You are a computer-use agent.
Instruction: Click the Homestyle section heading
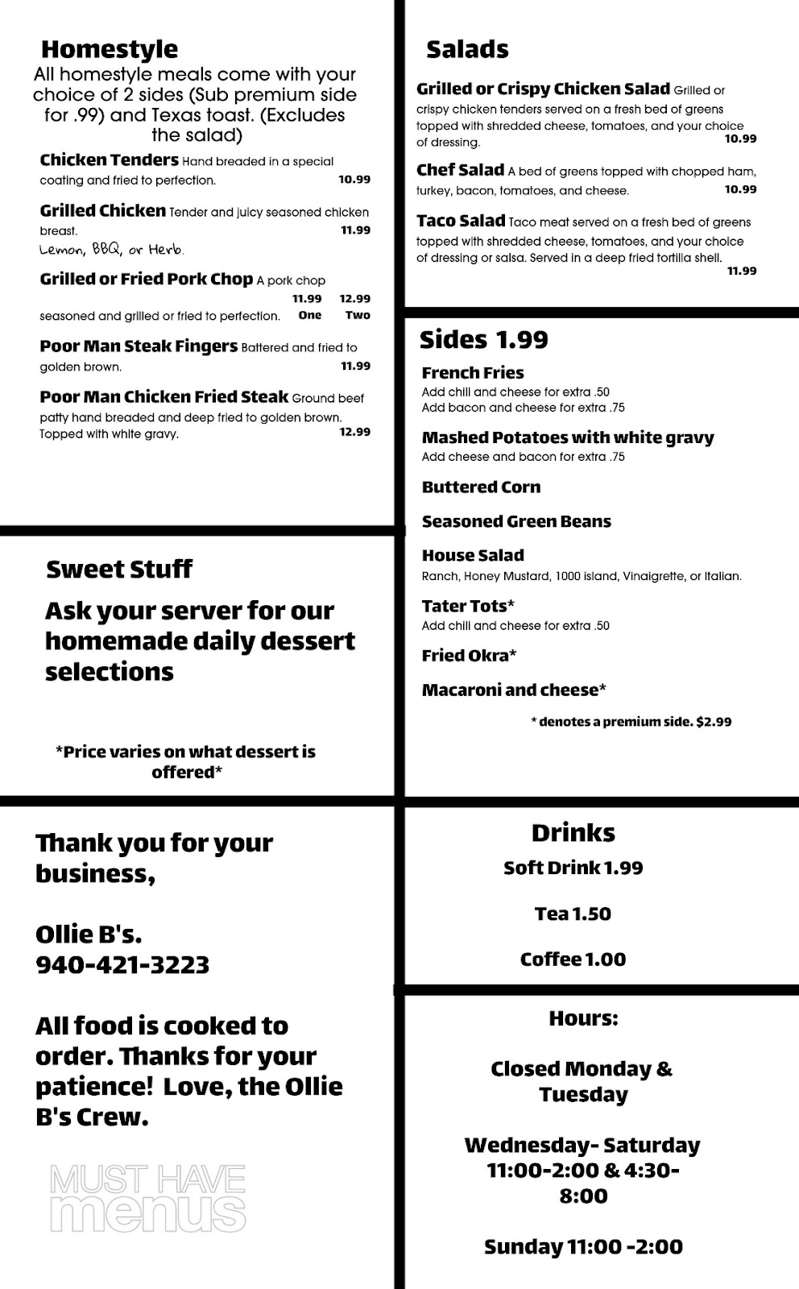tap(110, 49)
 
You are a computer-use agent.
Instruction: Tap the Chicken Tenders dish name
tap(109, 160)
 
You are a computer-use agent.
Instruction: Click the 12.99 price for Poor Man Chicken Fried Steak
tap(354, 432)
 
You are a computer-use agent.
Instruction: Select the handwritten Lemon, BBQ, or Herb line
tap(112, 250)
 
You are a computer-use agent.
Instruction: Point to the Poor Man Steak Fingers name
tap(139, 346)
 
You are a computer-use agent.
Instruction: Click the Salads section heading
tap(467, 50)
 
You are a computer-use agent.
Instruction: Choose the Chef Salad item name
tap(460, 170)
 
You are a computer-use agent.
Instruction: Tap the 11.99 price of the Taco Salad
tap(742, 271)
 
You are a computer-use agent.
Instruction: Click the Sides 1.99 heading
tap(483, 340)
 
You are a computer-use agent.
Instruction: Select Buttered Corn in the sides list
tap(481, 487)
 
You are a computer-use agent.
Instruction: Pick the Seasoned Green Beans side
tap(516, 522)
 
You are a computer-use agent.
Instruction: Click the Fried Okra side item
tap(469, 656)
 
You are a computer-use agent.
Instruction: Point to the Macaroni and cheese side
tap(514, 690)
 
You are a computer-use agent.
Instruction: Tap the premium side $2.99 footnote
tap(631, 722)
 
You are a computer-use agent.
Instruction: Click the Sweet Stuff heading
tap(119, 570)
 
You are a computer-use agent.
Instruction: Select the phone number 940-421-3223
tap(122, 964)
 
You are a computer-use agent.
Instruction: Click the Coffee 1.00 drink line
tap(573, 959)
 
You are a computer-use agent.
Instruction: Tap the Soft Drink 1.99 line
tap(573, 868)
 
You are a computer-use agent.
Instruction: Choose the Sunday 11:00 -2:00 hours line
tap(583, 1247)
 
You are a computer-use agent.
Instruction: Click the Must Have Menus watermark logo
tap(147, 1198)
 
